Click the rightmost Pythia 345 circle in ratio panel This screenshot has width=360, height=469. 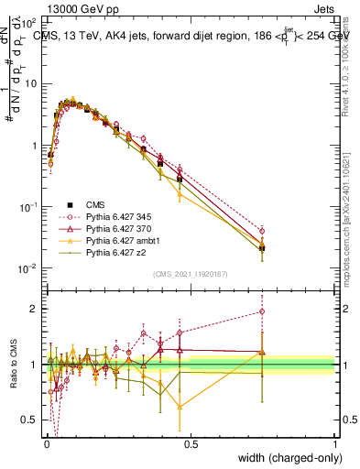pyautogui.click(x=263, y=311)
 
